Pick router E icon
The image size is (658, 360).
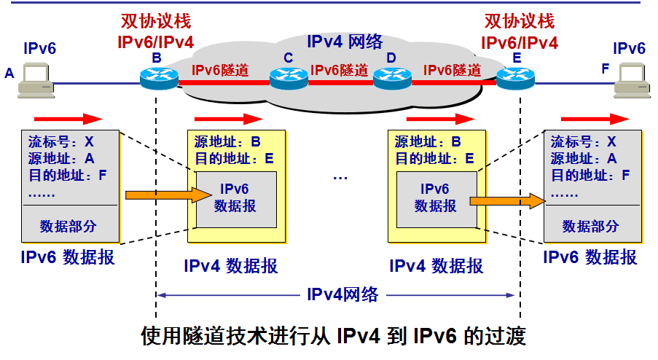point(516,76)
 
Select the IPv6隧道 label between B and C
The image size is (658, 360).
point(220,71)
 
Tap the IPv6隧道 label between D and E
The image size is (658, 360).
point(453,71)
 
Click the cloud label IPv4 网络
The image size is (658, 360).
point(344,42)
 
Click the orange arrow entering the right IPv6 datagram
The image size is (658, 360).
point(507,200)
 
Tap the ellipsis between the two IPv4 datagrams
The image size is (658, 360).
point(340,177)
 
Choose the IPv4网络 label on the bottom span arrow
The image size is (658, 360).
point(342,294)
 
